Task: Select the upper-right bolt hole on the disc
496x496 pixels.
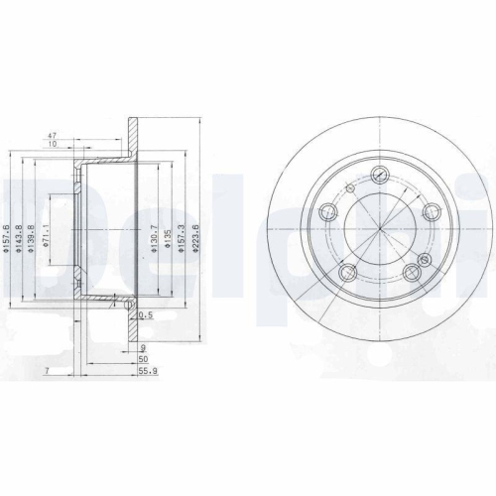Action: coord(430,210)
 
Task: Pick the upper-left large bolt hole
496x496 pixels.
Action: coord(323,211)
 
